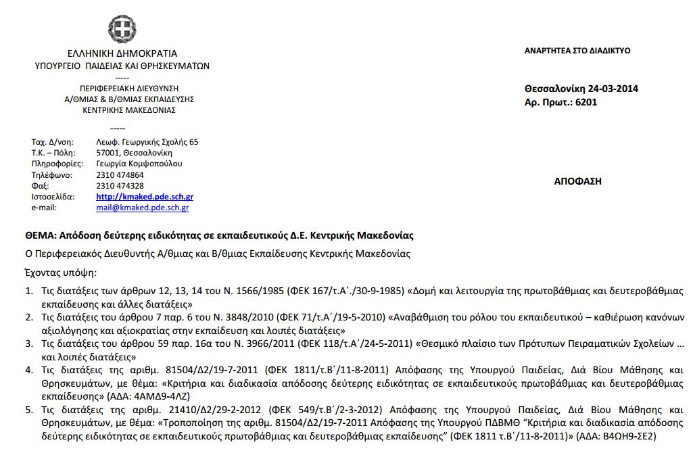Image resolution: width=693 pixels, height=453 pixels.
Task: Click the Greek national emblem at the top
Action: (122, 29)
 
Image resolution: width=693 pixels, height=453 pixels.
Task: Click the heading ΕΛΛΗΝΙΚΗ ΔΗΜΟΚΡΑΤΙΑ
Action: (122, 53)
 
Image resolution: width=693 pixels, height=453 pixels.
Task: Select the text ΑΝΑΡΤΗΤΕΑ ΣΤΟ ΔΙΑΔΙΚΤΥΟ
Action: (577, 51)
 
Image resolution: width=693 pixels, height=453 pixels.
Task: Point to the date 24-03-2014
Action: (613, 89)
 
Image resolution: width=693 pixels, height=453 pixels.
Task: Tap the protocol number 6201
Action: (586, 103)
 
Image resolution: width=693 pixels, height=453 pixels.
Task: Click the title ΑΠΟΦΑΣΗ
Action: (577, 181)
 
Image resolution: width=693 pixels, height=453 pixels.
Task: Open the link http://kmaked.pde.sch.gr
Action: (145, 197)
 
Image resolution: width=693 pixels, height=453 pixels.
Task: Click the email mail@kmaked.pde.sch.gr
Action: (142, 208)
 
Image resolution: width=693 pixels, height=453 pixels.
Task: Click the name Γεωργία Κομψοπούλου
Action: (139, 164)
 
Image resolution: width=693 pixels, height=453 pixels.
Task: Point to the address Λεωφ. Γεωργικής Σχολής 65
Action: (147, 142)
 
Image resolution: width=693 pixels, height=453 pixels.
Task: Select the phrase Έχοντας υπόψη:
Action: (61, 273)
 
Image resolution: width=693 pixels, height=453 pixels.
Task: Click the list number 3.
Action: (29, 343)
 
